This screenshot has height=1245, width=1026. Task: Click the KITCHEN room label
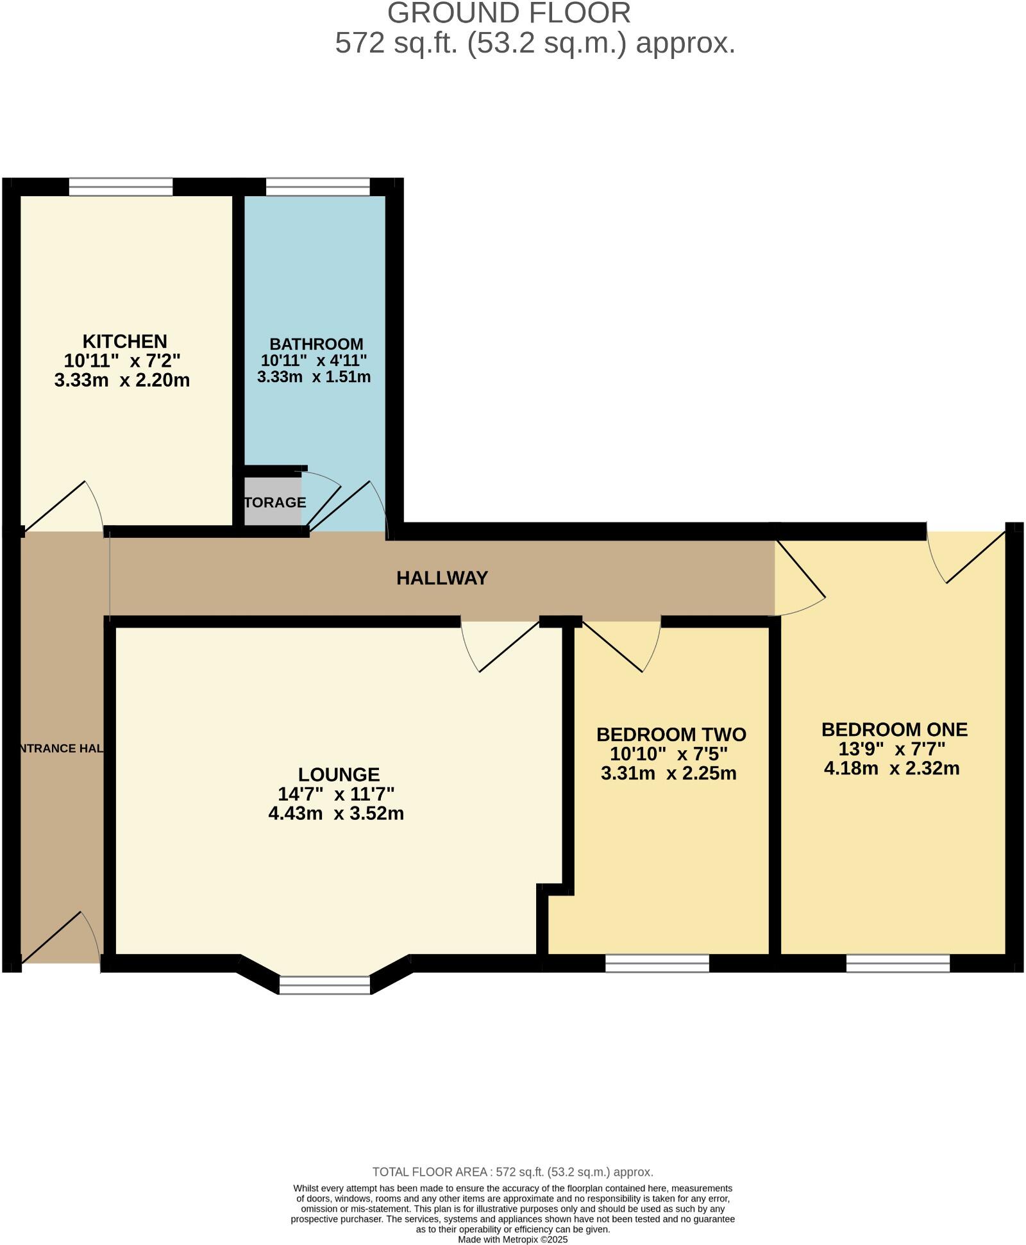(124, 341)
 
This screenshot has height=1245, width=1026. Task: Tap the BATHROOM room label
(316, 344)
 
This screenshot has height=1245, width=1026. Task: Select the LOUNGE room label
(339, 774)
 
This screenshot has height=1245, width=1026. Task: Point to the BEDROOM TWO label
(671, 734)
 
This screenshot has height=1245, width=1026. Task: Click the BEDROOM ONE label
(894, 730)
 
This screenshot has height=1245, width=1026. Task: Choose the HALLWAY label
(442, 578)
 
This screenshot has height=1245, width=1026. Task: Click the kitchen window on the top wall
(121, 187)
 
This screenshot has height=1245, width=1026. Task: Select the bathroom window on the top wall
(317, 187)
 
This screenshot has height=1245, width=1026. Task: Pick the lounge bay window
(325, 985)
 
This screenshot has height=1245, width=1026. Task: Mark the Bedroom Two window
(657, 963)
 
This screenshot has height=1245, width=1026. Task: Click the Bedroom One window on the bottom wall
(898, 963)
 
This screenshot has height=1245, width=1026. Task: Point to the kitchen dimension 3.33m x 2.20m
(122, 380)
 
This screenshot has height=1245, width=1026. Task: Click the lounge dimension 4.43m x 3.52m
(336, 814)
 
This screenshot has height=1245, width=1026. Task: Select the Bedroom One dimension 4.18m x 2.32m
(891, 768)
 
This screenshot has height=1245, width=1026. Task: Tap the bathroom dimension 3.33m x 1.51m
(314, 377)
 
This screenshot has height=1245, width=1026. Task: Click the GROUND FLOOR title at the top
(509, 13)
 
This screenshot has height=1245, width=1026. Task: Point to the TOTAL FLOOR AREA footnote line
(512, 1172)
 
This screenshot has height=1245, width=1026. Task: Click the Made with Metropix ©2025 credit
(512, 1240)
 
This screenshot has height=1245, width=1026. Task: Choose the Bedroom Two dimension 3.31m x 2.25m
(668, 773)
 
